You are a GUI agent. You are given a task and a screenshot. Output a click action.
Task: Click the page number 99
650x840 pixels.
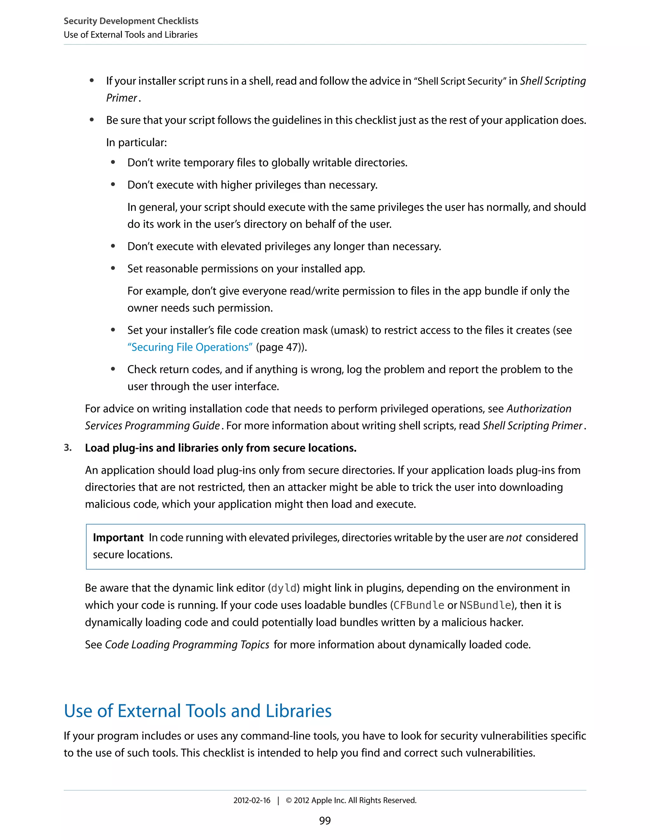click(325, 820)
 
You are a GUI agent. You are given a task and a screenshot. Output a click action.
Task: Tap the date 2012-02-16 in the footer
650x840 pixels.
click(252, 800)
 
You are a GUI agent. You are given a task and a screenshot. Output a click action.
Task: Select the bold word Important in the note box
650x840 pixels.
click(118, 537)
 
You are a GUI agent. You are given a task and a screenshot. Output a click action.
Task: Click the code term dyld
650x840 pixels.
click(284, 588)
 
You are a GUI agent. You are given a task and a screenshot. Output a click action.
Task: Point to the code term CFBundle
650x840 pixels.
click(419, 605)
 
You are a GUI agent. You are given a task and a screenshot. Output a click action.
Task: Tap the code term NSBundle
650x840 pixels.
click(485, 605)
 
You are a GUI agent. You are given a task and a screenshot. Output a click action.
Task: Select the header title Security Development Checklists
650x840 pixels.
click(131, 21)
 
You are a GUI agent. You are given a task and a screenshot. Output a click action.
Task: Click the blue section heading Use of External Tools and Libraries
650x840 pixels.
click(197, 711)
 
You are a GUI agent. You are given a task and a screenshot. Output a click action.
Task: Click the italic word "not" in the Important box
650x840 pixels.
click(514, 537)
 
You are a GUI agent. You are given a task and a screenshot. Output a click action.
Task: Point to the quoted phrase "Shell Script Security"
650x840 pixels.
click(460, 81)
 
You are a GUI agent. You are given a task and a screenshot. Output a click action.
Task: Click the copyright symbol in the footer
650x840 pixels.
click(289, 800)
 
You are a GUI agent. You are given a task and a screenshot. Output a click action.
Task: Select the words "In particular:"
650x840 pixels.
click(136, 142)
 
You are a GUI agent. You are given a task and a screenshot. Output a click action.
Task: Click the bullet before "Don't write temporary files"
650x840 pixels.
click(113, 162)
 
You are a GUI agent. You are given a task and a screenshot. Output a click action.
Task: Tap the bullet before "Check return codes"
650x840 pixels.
click(113, 369)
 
